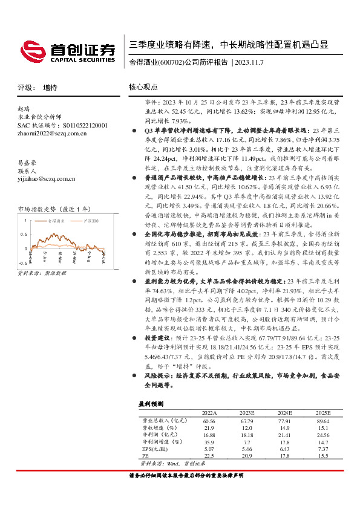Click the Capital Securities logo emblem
point(33,50)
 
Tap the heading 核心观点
point(143,87)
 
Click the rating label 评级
point(24,88)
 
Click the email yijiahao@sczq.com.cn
point(47,178)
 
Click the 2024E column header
point(284,412)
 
